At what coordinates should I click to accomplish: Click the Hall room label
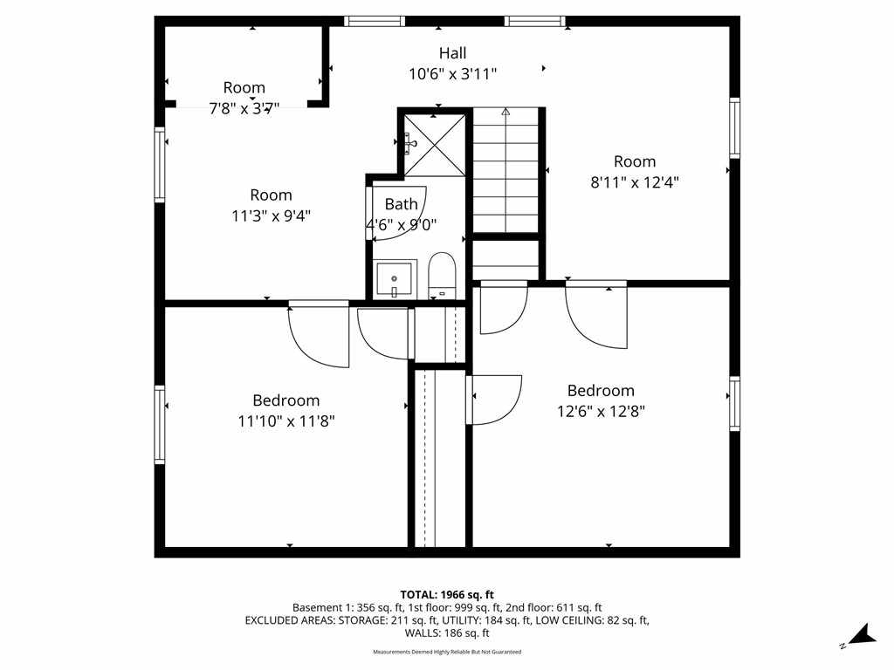453,53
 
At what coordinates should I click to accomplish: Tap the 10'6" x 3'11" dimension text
453,74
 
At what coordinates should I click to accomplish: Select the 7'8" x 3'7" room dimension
244,108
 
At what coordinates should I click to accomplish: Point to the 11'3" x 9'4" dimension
271,216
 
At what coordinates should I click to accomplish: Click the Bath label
402,203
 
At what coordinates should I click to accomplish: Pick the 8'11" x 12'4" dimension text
635,182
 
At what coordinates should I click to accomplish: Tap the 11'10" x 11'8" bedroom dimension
286,421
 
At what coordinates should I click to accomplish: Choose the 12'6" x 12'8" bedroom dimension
601,412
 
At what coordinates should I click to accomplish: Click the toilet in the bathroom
443,276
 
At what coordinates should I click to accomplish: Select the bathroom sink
394,279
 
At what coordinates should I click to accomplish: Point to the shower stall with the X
435,145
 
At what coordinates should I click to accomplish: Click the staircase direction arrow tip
505,109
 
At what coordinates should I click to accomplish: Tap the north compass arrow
862,636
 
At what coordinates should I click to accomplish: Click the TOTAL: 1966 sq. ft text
447,595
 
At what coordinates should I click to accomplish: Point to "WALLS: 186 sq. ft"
447,633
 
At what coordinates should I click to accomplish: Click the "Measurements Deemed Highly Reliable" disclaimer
447,652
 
